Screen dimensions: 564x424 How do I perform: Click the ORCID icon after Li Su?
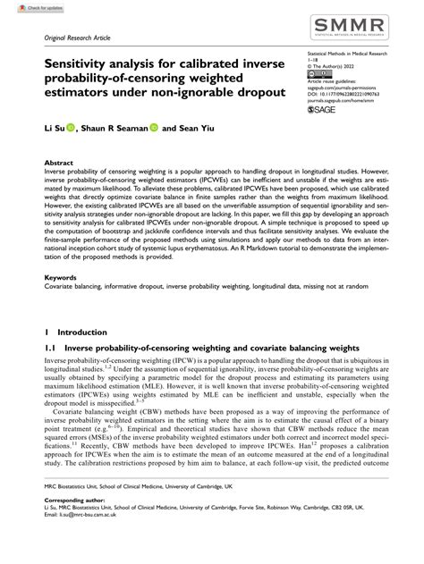[x=72, y=128]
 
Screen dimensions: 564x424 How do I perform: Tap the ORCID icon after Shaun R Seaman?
[x=154, y=128]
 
